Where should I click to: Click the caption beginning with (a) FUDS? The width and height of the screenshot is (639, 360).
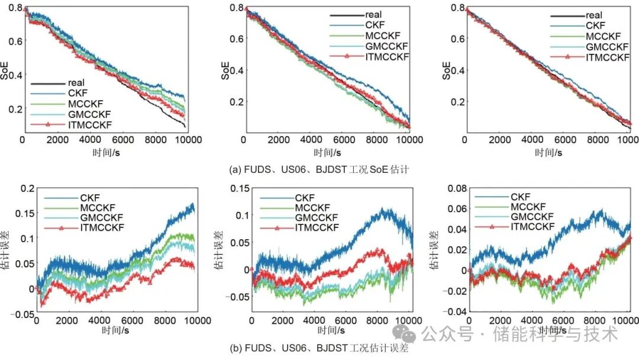(319, 170)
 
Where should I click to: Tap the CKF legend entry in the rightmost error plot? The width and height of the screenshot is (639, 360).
(520, 197)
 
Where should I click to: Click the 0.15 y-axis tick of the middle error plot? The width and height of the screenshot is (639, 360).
(237, 189)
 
